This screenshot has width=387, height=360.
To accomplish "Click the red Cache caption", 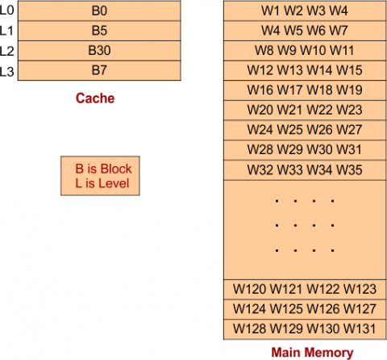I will [x=95, y=98].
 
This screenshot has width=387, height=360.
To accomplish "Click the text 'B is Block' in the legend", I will [x=103, y=170].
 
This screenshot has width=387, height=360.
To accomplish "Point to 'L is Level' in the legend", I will [x=102, y=185].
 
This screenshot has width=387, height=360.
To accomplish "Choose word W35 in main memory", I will [x=349, y=170].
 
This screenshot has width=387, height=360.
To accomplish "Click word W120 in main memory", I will [x=249, y=289].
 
